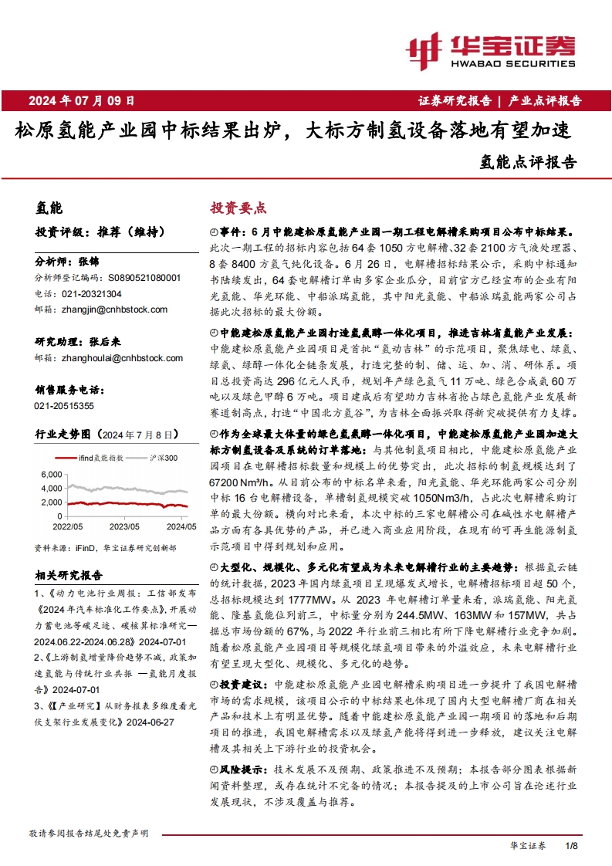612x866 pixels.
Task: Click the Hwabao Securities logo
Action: (491, 51)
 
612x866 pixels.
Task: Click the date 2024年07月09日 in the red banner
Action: (81, 100)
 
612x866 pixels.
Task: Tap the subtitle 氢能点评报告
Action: (528, 162)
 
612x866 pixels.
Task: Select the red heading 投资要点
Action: (238, 208)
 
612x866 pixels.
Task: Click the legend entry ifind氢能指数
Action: (100, 458)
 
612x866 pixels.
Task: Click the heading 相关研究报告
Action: (69, 574)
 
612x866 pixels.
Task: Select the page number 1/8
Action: (571, 846)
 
